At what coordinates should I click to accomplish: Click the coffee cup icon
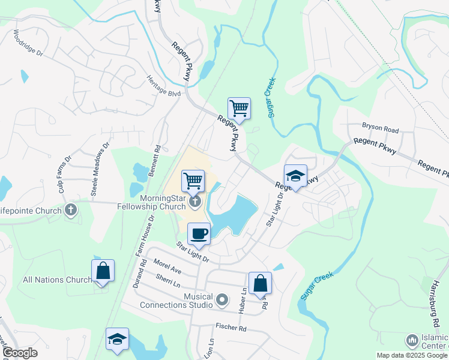(199, 234)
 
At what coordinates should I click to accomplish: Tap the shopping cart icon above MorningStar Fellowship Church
(193, 180)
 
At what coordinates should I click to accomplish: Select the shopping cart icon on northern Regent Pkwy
(239, 109)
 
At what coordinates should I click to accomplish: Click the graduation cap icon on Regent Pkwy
(295, 176)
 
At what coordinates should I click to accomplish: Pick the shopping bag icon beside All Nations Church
(103, 271)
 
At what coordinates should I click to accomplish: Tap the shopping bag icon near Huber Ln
(260, 283)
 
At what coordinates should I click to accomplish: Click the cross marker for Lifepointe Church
(71, 210)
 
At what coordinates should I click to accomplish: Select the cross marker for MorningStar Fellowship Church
(195, 202)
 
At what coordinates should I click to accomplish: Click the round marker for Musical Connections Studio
(222, 299)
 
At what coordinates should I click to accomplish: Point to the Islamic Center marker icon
(412, 341)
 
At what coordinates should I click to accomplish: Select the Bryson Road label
(380, 129)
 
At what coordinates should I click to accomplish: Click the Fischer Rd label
(231, 328)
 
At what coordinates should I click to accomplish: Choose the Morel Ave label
(167, 266)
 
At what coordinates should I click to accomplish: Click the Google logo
(20, 353)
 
